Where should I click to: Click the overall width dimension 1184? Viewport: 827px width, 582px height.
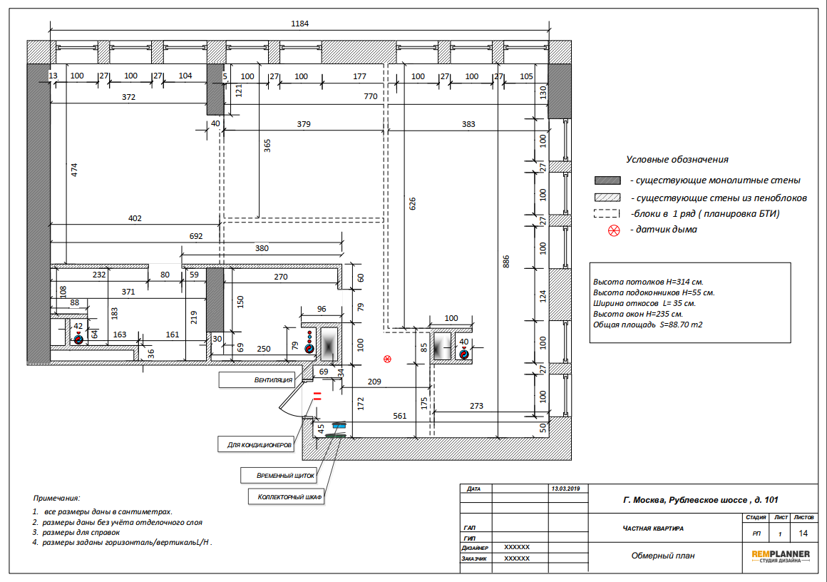[x=299, y=24]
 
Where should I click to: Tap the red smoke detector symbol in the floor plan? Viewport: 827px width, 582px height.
[x=388, y=359]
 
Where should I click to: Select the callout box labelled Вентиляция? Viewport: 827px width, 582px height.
[x=257, y=380]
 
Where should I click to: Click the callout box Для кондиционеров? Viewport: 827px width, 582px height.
[x=256, y=444]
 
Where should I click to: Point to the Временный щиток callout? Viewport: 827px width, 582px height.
[x=279, y=476]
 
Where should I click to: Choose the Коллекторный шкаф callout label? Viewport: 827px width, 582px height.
[x=287, y=496]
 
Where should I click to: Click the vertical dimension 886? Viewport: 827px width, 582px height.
[x=506, y=262]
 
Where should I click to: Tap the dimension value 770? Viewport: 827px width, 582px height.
[x=371, y=96]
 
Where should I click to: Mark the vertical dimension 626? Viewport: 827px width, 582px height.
[x=413, y=204]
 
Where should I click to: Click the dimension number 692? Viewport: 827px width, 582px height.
[x=196, y=236]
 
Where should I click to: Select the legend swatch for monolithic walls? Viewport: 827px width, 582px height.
[x=607, y=180]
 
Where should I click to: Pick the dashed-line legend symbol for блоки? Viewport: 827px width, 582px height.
[x=607, y=214]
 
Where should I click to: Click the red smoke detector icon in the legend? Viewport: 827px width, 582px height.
[x=614, y=230]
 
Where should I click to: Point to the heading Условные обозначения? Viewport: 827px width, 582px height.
[x=677, y=159]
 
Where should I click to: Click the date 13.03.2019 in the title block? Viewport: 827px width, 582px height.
[x=565, y=489]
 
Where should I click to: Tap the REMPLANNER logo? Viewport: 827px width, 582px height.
[x=781, y=556]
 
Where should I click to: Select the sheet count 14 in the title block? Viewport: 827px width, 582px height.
[x=803, y=533]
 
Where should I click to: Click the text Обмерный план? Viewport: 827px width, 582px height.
[x=663, y=556]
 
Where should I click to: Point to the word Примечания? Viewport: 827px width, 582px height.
[x=56, y=498]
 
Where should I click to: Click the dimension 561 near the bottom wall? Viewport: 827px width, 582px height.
[x=400, y=416]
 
